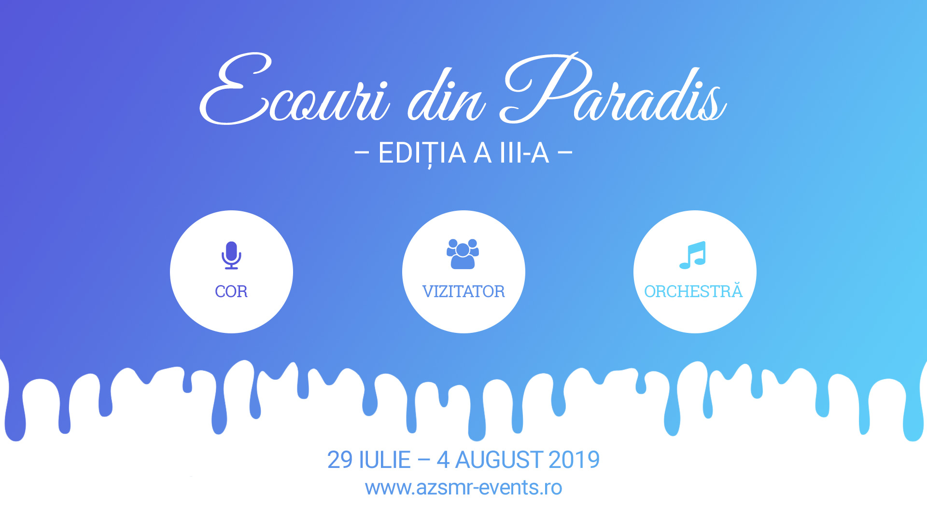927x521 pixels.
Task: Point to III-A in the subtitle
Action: pyautogui.click(x=524, y=153)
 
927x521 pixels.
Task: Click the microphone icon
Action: pyautogui.click(x=231, y=255)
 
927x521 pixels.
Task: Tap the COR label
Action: pyautogui.click(x=231, y=291)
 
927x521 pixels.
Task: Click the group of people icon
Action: pyautogui.click(x=463, y=254)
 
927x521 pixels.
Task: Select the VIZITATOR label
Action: pyautogui.click(x=463, y=291)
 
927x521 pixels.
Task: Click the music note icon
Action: pyautogui.click(x=693, y=255)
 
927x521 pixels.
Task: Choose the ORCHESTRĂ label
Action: pyautogui.click(x=693, y=290)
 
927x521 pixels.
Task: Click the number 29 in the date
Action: pyautogui.click(x=340, y=460)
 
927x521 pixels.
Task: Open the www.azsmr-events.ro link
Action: pyautogui.click(x=463, y=488)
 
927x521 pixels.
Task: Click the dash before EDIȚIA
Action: pyautogui.click(x=362, y=153)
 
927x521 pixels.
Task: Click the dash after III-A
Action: pyautogui.click(x=565, y=153)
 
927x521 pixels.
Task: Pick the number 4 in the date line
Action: pyautogui.click(x=443, y=460)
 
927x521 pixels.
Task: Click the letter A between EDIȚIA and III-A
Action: pyautogui.click(x=483, y=153)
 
